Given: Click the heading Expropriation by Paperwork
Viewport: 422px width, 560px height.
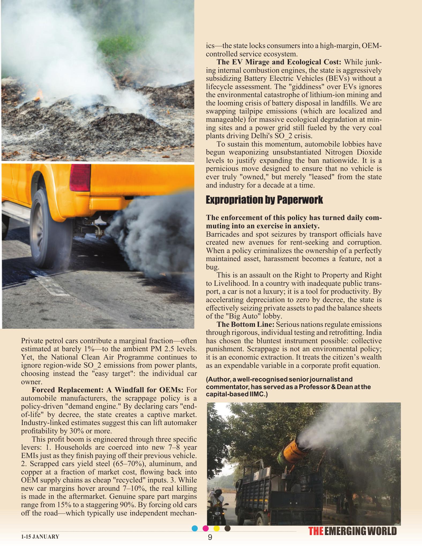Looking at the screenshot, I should point(264,200).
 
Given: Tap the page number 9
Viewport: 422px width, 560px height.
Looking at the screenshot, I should point(210,537).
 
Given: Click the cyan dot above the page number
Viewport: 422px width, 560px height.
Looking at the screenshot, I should point(195,528).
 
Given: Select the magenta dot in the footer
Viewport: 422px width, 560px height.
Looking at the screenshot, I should point(206,528).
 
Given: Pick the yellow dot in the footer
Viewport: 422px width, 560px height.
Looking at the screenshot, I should point(216,528).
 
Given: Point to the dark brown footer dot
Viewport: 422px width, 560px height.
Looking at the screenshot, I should point(227,528).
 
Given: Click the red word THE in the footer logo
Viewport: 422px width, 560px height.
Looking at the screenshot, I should point(316,531).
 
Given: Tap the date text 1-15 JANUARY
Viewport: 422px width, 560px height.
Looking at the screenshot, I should point(40,537).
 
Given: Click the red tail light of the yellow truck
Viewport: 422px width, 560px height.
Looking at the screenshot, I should point(80,178).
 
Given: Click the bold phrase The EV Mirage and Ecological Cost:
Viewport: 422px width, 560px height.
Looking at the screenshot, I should point(279,62).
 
